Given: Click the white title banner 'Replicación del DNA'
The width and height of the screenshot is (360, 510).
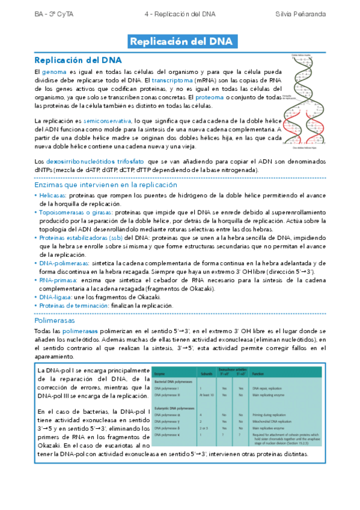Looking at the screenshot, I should coord(180,41).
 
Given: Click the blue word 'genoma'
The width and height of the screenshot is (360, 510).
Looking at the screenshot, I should coord(53,72).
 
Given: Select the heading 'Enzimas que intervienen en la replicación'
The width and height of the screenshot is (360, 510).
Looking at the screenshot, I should coord(105,185).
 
